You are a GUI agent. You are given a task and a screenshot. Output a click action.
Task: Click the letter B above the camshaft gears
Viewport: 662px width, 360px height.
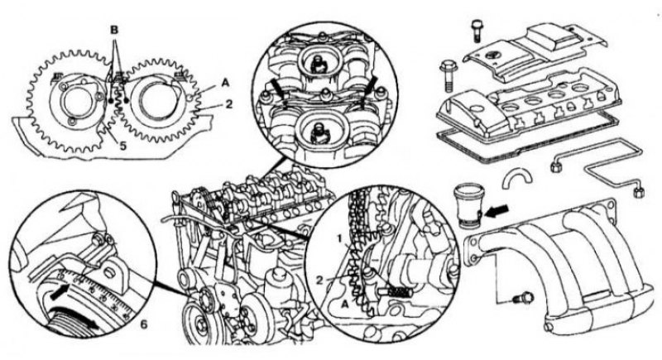(114, 30)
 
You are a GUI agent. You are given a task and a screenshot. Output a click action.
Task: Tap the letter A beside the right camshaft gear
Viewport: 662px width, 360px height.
(225, 83)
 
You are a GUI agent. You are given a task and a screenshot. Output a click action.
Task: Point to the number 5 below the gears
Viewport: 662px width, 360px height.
(122, 146)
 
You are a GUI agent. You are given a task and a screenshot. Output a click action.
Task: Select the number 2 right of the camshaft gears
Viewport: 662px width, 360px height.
(229, 103)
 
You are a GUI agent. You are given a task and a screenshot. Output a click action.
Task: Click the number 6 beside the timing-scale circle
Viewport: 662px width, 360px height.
(143, 324)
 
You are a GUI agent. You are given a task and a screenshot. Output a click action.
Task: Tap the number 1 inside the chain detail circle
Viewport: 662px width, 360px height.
(339, 238)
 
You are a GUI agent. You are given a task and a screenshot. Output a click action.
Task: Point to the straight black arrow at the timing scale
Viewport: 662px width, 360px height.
(59, 292)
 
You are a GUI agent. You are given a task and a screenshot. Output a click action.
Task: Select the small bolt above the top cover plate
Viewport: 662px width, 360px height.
(476, 30)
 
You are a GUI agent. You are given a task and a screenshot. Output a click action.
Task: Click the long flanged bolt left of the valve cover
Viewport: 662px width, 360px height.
(447, 76)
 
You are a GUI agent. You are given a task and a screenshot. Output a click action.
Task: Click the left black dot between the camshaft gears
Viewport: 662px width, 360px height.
(111, 102)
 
